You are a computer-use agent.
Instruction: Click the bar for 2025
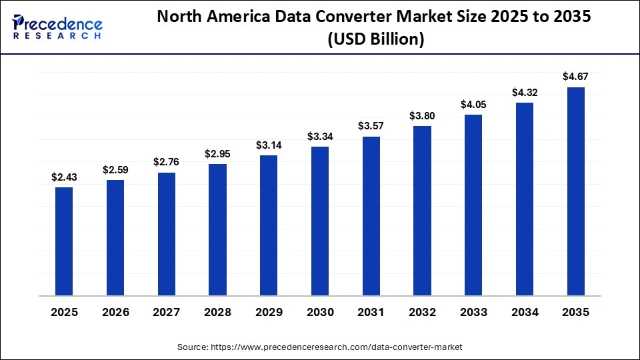[x=64, y=241]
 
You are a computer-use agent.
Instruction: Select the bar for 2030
[x=320, y=221]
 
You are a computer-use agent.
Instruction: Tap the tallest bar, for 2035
[x=576, y=191]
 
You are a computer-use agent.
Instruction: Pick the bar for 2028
[x=217, y=229]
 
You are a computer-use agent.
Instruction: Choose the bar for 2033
[x=473, y=205]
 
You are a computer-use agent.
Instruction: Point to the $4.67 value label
[x=576, y=77]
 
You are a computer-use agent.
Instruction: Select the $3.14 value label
[x=269, y=145]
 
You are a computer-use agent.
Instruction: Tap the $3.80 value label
[x=423, y=115]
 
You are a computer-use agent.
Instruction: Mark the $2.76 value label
[x=166, y=162]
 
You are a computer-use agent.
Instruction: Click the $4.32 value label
[x=525, y=92]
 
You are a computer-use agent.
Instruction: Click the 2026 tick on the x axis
[x=115, y=312]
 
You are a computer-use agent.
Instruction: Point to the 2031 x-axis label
[x=371, y=312]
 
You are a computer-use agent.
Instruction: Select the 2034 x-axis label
[x=525, y=312]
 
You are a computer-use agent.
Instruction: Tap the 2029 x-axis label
[x=269, y=312]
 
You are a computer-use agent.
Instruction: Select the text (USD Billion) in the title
[x=375, y=40]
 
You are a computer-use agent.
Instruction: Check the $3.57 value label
[x=371, y=126]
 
